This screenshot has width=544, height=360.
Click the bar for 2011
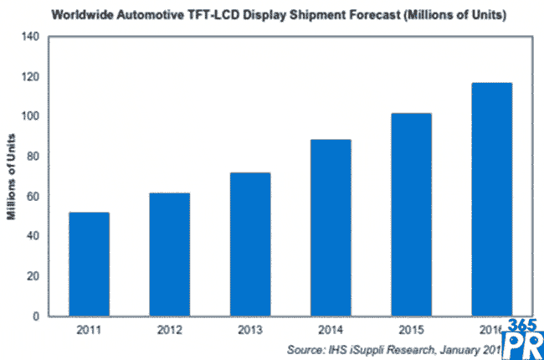click(89, 265)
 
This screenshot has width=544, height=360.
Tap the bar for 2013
click(249, 244)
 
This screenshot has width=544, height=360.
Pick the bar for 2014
click(330, 228)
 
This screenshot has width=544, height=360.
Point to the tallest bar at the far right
click(491, 199)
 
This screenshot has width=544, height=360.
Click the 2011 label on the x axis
click(89, 331)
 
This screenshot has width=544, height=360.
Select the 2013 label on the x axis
click(249, 331)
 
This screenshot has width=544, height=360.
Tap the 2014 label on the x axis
click(330, 331)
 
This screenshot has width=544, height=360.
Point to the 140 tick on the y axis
click(29, 37)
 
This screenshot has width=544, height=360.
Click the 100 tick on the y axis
click(29, 116)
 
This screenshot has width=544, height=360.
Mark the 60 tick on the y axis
click(33, 197)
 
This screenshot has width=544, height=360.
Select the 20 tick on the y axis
click(33, 276)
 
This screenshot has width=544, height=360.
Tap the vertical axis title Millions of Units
click(13, 177)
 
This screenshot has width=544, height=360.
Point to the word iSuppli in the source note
click(376, 348)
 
